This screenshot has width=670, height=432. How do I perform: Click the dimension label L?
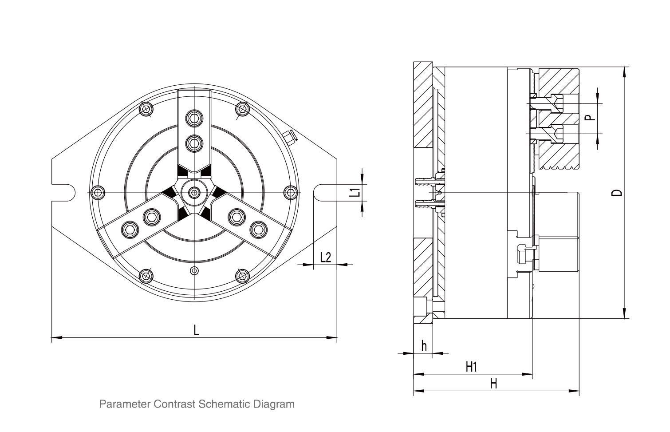point(196,329)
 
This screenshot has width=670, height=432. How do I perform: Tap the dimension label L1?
point(354,192)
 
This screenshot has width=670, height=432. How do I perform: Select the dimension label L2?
point(326,257)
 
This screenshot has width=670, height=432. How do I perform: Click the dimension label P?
point(588,118)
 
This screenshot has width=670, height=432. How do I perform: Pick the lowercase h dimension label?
point(424,345)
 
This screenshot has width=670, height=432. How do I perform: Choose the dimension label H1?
point(471,367)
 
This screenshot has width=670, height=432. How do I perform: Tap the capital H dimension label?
point(493,384)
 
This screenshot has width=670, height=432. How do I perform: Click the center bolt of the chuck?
point(194,192)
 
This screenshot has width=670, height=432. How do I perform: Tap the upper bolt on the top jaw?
point(193,117)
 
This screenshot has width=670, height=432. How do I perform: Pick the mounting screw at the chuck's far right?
point(290,192)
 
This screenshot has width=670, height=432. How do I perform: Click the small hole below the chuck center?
point(193,270)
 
